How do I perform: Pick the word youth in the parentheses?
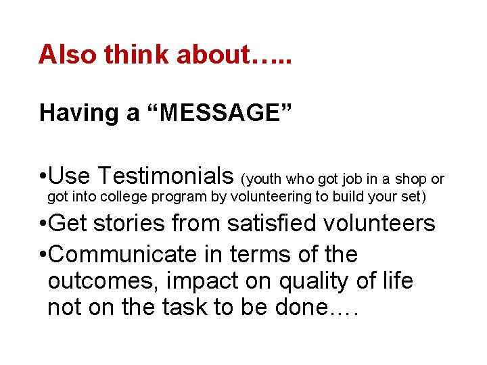[x=266, y=179]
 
